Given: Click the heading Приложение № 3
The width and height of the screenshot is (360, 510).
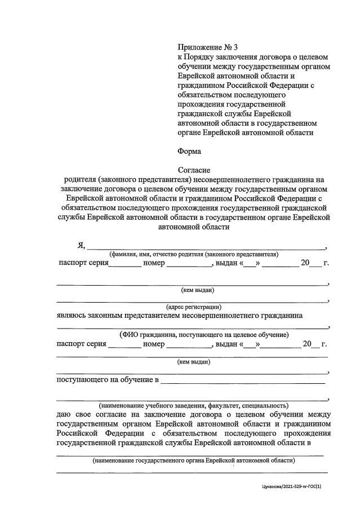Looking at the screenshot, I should [204, 47].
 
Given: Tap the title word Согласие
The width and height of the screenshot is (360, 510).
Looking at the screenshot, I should [194, 169].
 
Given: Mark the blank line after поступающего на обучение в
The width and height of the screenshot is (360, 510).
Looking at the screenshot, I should [243, 383].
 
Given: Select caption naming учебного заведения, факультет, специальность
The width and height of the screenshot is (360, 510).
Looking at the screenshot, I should [193, 405].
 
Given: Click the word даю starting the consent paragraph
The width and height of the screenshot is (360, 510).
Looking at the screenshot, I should [66, 415].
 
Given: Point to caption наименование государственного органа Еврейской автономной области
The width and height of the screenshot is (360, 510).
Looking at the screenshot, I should [194, 460].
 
